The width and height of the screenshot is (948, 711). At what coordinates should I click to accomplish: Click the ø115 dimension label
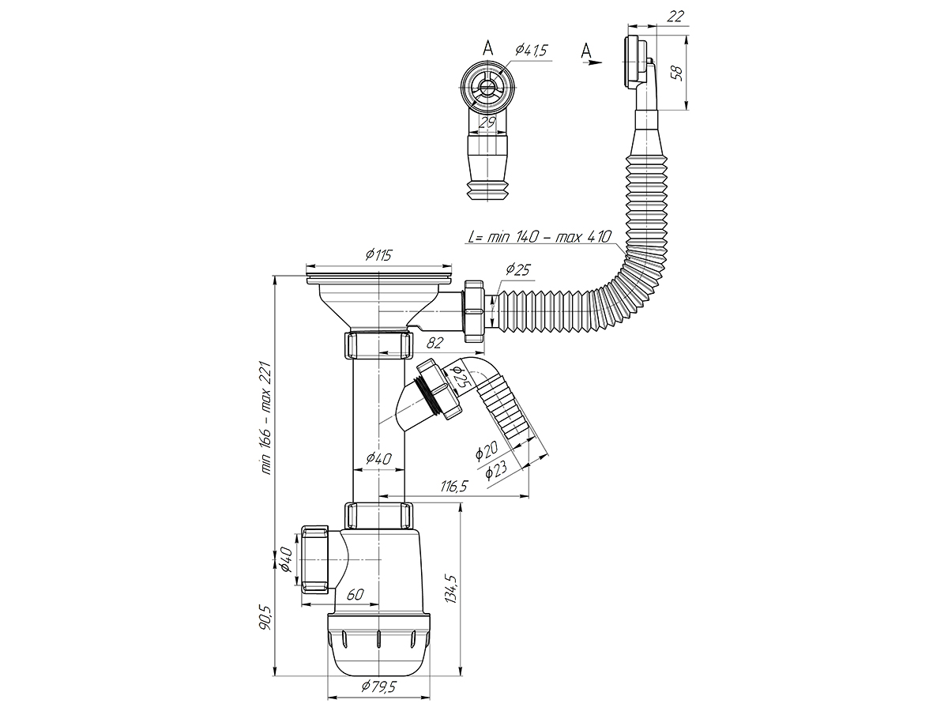[379, 256]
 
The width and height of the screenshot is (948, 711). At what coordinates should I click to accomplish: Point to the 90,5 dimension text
[265, 616]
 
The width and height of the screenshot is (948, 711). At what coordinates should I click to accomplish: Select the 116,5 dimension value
[453, 487]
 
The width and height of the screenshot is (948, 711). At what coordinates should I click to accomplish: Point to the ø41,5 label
[532, 51]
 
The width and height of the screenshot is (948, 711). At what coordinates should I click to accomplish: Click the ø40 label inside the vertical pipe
[379, 459]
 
